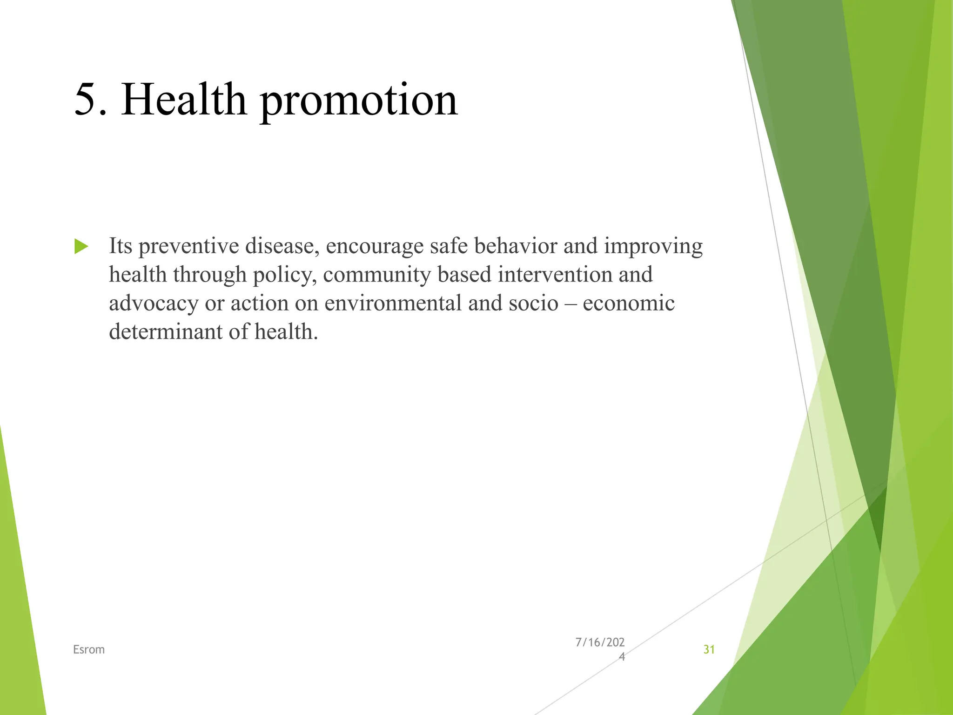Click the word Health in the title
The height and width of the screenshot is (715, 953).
pyautogui.click(x=183, y=99)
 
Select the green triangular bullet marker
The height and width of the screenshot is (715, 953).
pyautogui.click(x=81, y=246)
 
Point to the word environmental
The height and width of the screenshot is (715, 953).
pyautogui.click(x=393, y=304)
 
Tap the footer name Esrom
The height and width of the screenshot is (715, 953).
pyautogui.click(x=89, y=649)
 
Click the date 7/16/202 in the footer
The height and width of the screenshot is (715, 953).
pyautogui.click(x=600, y=642)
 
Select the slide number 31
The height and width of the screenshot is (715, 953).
pyautogui.click(x=709, y=649)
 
